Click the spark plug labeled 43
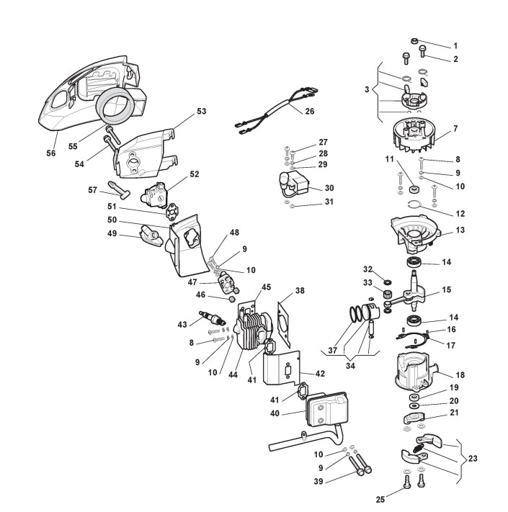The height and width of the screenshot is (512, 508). [213, 317]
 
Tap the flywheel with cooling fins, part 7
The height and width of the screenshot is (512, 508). [414, 135]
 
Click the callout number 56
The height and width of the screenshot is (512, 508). [51, 153]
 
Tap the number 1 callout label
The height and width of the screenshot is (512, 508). [455, 46]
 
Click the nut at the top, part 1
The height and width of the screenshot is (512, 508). [414, 41]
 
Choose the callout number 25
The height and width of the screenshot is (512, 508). [380, 499]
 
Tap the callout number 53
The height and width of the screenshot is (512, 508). [202, 111]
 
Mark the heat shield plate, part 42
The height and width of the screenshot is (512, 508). [282, 367]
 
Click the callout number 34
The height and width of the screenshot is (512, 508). [350, 366]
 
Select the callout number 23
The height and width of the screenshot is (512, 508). [473, 459]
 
